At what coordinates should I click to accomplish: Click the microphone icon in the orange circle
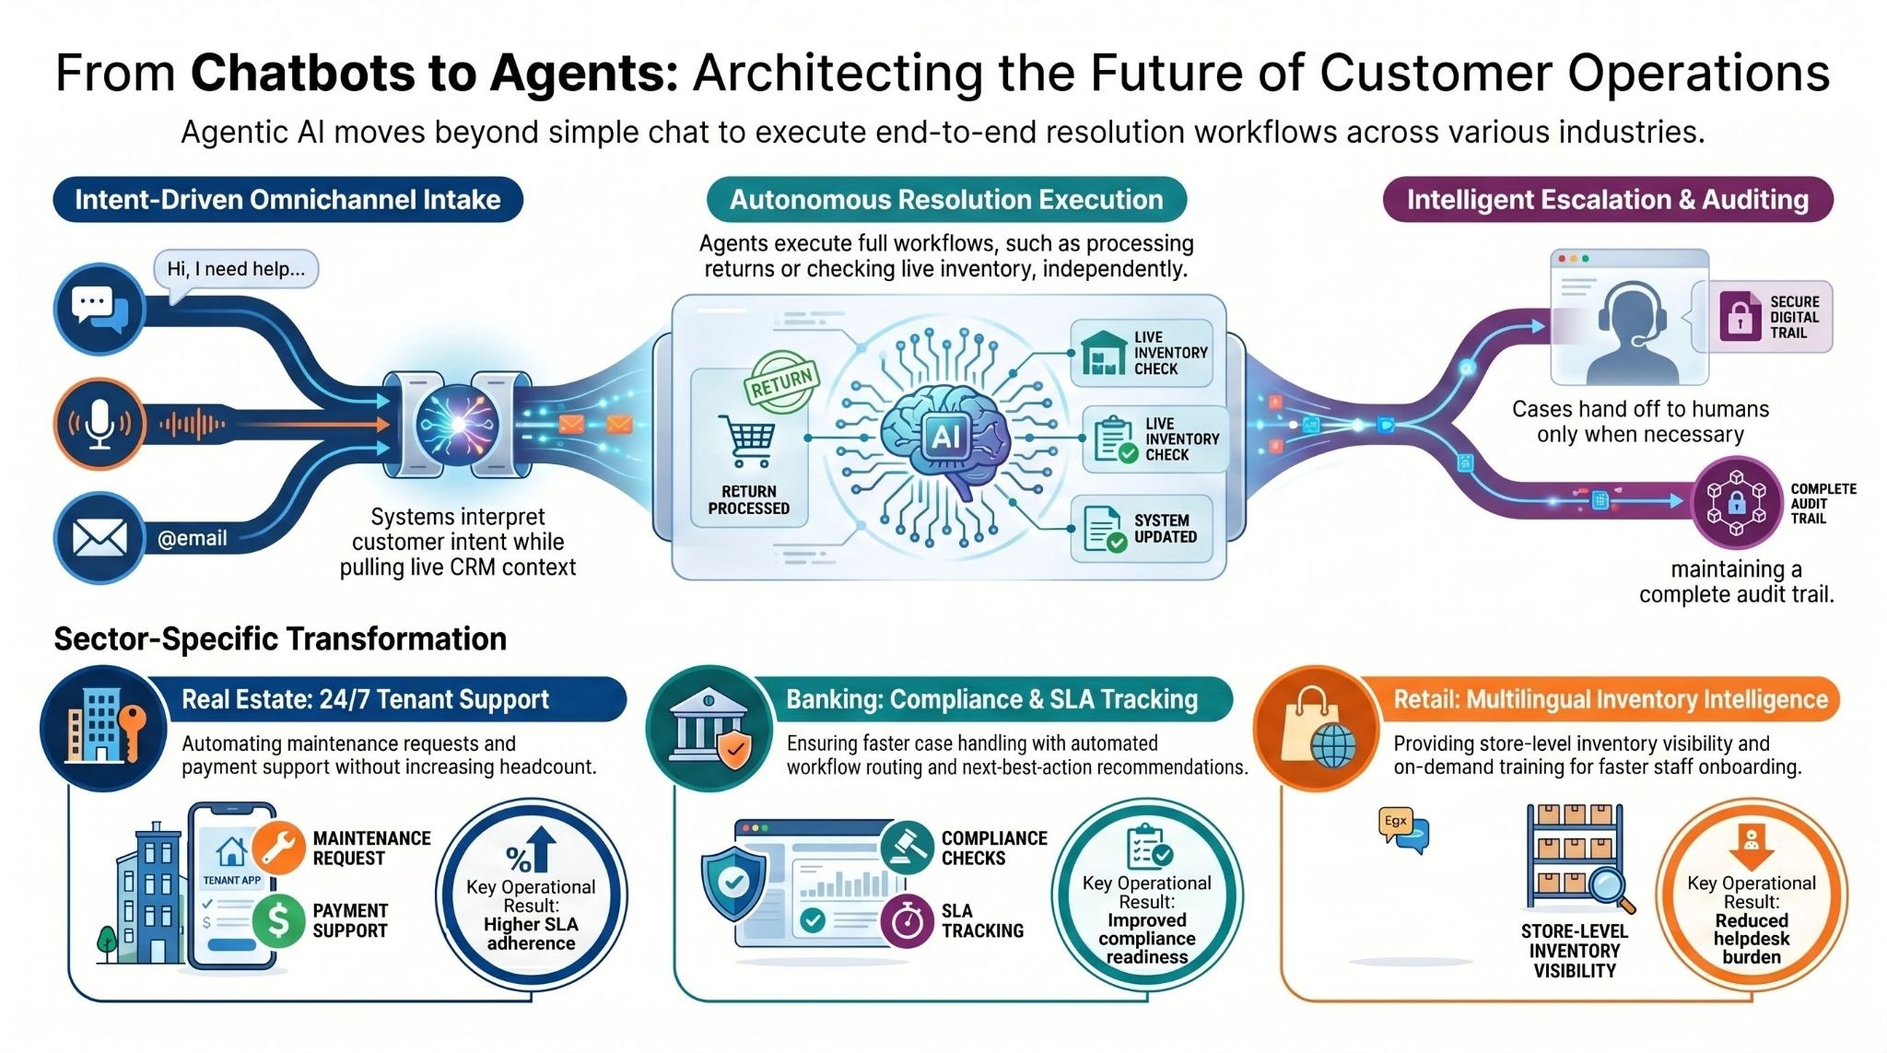(100, 425)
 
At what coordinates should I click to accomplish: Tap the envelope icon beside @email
(99, 538)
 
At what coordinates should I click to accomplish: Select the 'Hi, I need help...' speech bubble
(235, 270)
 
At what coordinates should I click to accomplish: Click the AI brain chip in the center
(945, 436)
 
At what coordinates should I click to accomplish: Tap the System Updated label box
(1141, 529)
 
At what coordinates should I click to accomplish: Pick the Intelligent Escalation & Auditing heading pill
(1607, 200)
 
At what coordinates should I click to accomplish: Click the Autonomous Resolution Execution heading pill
(946, 200)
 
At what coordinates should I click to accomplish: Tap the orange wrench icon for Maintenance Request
(278, 847)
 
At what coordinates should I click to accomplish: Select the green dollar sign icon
(278, 920)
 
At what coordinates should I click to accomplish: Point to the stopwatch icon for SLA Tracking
(907, 920)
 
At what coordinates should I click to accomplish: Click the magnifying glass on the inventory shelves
(1608, 887)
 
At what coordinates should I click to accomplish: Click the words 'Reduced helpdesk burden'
(1751, 939)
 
